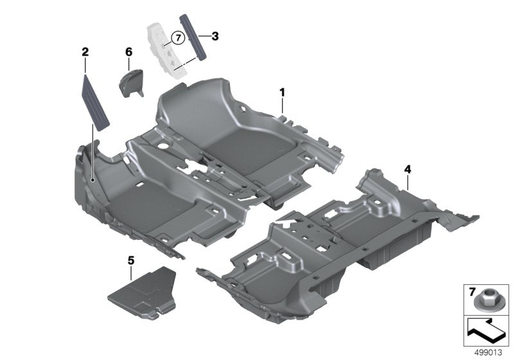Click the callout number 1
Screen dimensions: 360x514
[281, 93]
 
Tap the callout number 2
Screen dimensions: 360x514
[84, 51]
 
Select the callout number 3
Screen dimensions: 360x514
[215, 37]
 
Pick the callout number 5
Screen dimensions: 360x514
[131, 260]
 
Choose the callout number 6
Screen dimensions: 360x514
[128, 51]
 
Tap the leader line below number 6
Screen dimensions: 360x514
[128, 63]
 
